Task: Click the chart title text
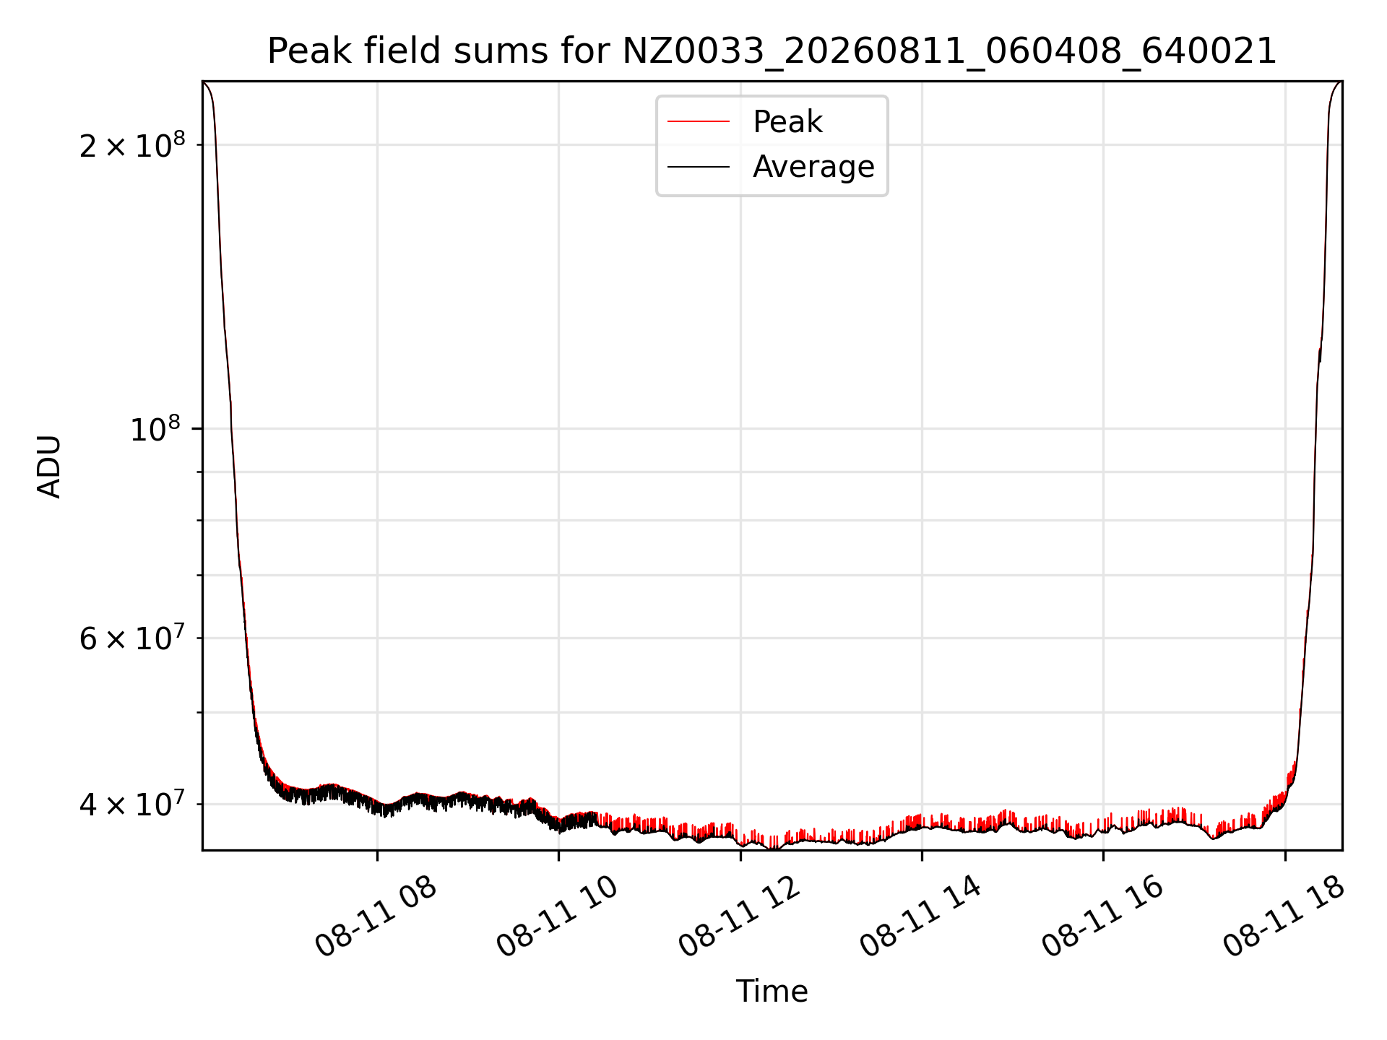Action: pyautogui.click(x=772, y=51)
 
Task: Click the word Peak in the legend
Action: pyautogui.click(x=787, y=121)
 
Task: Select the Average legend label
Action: pyautogui.click(x=813, y=167)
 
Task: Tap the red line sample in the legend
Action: pyautogui.click(x=698, y=121)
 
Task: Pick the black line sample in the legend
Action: pyautogui.click(x=698, y=167)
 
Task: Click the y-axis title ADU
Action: pyautogui.click(x=49, y=466)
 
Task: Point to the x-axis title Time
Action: pyautogui.click(x=772, y=991)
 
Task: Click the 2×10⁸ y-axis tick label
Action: pyautogui.click(x=132, y=145)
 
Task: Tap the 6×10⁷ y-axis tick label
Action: pyautogui.click(x=132, y=638)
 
